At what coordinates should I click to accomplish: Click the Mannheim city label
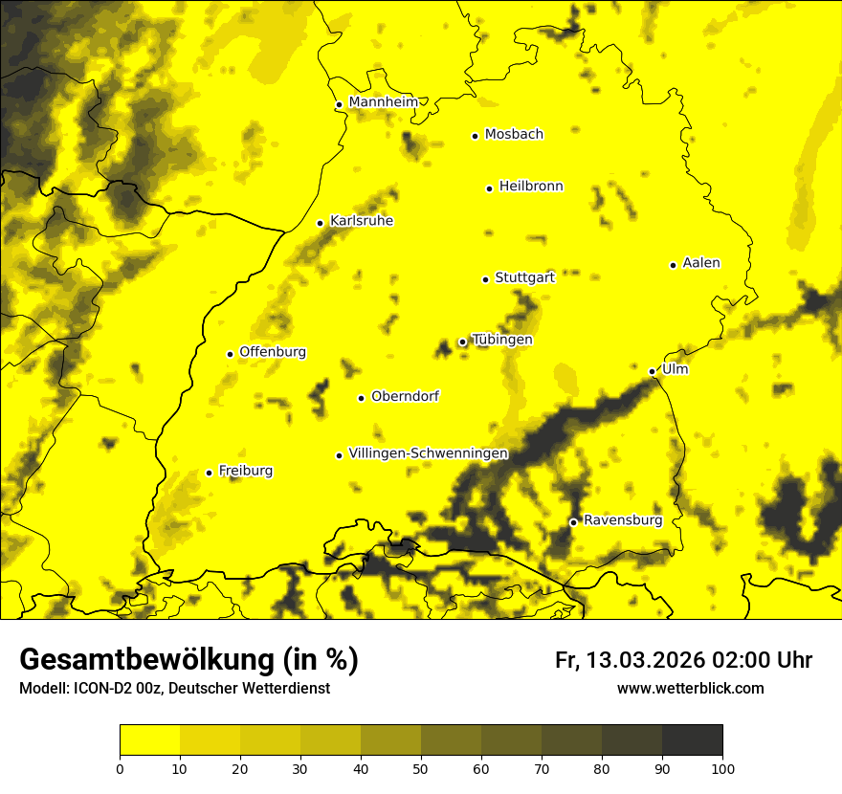[383, 102]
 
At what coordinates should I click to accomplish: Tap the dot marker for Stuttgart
[485, 279]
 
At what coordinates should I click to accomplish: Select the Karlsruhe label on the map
[362, 221]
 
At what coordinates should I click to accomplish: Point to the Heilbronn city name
[531, 187]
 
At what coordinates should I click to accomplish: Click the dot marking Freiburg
[209, 473]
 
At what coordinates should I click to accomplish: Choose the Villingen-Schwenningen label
[428, 453]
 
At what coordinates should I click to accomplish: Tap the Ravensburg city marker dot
[573, 522]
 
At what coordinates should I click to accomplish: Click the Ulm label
[675, 369]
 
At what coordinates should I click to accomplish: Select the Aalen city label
[701, 263]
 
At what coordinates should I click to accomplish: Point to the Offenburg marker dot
[230, 354]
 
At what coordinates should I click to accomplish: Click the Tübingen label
[502, 340]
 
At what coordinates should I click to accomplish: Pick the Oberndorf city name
[405, 396]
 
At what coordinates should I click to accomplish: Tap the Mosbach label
[514, 134]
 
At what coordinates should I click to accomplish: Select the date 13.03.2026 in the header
[646, 660]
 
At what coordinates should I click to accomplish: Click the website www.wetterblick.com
[690, 689]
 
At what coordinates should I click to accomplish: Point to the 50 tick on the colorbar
[421, 768]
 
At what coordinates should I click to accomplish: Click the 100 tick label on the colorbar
[722, 768]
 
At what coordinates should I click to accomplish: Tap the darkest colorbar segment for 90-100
[692, 739]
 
